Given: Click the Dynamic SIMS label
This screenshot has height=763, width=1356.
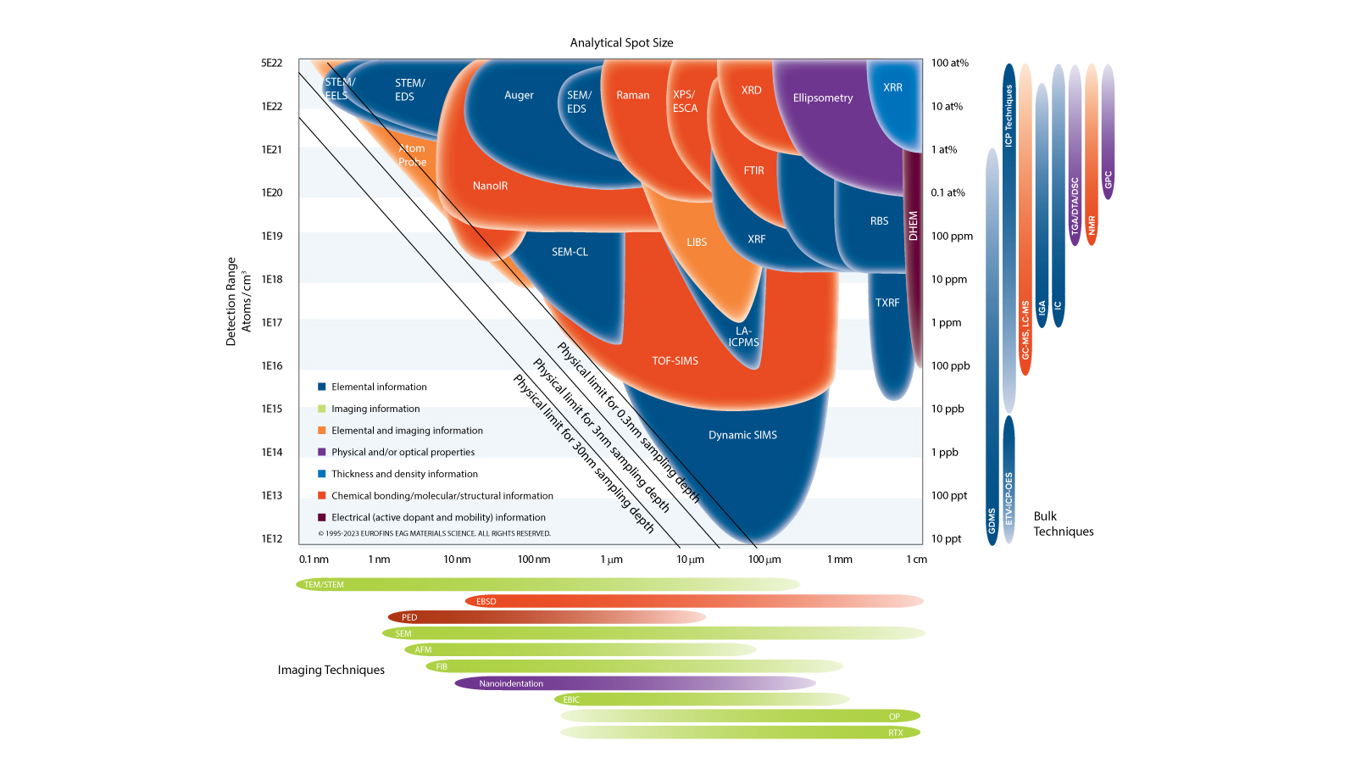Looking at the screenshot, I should [x=742, y=435].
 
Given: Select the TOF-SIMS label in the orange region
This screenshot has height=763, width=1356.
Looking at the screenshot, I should [x=675, y=361].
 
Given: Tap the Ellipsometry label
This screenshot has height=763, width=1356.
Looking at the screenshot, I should [x=822, y=98].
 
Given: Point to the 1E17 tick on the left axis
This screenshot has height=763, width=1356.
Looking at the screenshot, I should [x=272, y=323].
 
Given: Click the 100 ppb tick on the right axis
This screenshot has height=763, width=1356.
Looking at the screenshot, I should [x=950, y=366].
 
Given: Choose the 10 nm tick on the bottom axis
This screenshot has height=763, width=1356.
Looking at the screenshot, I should [x=457, y=560].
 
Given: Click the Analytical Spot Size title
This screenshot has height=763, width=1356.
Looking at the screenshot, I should [x=621, y=43].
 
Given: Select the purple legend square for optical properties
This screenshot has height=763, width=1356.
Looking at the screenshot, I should [x=322, y=452].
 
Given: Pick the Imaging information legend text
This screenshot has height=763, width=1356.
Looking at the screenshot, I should [x=375, y=409].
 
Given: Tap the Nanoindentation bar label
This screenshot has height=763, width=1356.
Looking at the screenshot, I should [x=511, y=683].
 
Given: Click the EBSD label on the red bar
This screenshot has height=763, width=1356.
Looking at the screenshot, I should [x=486, y=602].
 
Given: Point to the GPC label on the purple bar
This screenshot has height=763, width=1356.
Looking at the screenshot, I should [x=1108, y=180].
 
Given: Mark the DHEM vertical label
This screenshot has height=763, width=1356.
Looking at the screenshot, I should [x=913, y=226].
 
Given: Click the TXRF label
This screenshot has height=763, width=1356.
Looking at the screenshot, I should [x=887, y=303].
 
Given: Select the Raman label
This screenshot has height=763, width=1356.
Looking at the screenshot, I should [x=632, y=96].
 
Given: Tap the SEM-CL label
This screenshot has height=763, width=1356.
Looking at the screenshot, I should [x=570, y=252].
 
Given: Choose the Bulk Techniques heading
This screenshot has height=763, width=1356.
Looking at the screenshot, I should [x=1063, y=524].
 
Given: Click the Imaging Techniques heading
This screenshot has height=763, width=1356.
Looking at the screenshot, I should [x=331, y=670].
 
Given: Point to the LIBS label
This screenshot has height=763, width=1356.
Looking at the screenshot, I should [x=697, y=242].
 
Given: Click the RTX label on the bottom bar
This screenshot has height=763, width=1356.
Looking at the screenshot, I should [x=895, y=732].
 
